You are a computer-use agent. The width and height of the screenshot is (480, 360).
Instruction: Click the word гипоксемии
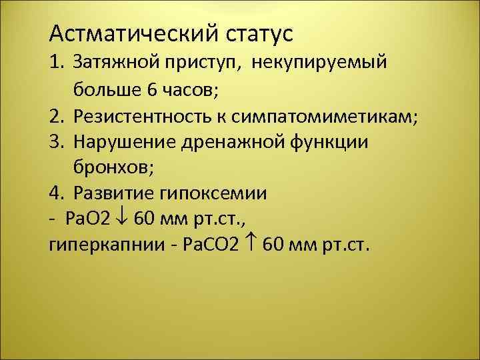click(212, 193)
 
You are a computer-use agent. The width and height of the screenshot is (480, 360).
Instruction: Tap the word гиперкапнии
click(91, 245)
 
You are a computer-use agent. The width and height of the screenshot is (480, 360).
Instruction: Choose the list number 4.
click(56, 193)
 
